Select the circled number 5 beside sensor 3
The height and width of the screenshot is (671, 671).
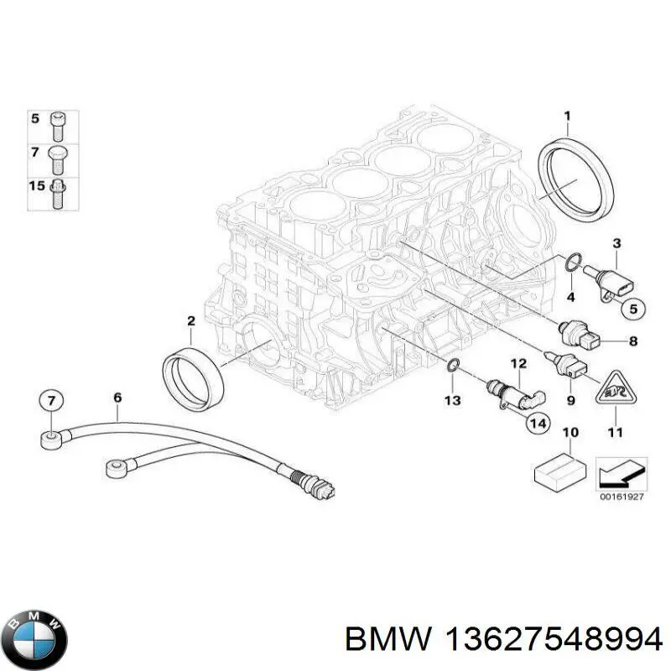click(633, 309)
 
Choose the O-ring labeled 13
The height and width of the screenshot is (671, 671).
click(452, 365)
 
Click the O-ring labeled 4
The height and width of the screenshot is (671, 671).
click(573, 262)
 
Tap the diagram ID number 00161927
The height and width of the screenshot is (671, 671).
click(622, 497)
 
